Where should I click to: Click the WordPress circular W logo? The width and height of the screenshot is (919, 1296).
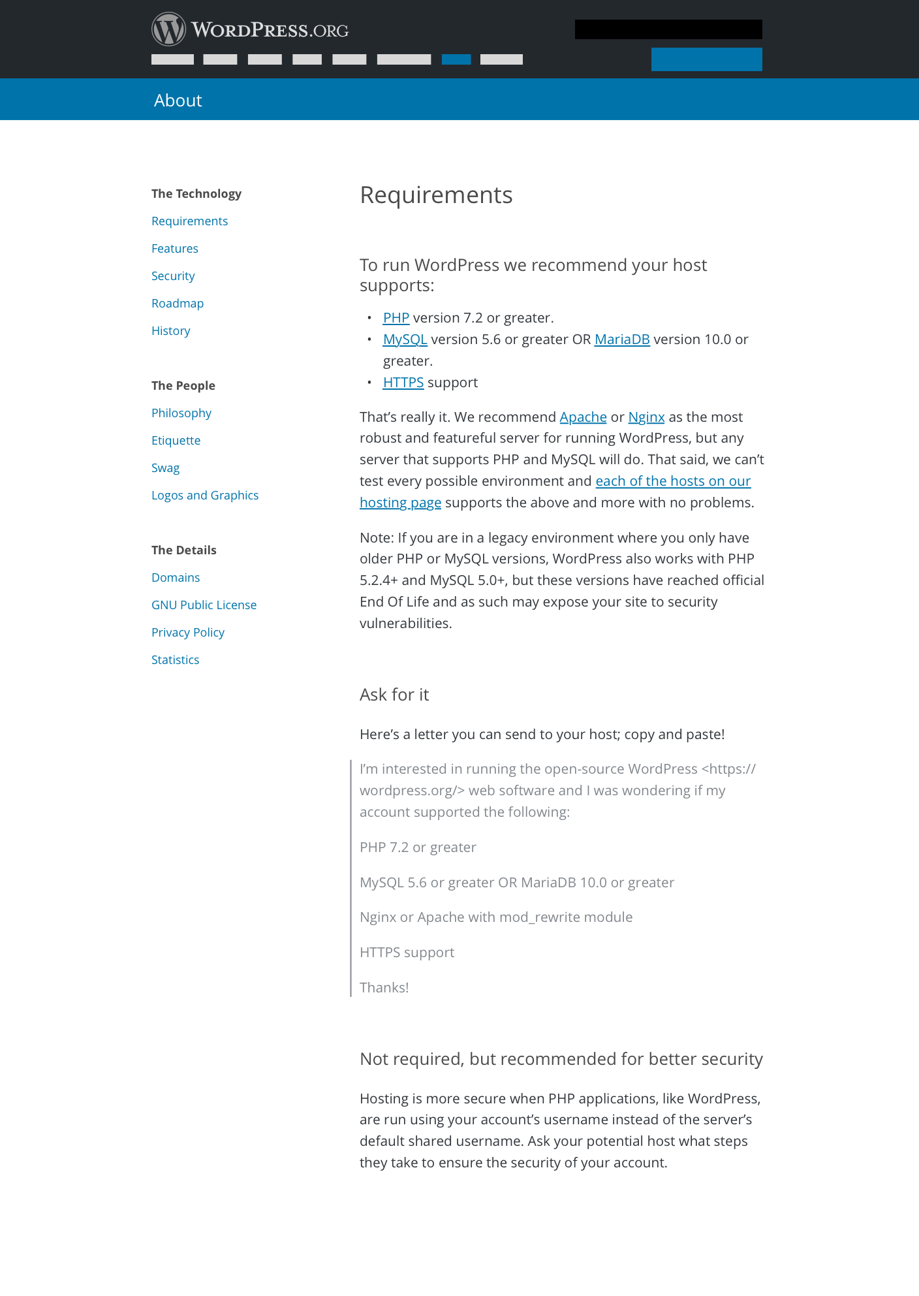pos(168,29)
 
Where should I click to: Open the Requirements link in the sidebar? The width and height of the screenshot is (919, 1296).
pos(189,221)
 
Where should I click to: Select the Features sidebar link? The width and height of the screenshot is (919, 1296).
pos(174,249)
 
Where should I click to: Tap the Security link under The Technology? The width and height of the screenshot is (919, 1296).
pos(173,276)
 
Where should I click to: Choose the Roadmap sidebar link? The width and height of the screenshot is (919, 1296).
pos(178,304)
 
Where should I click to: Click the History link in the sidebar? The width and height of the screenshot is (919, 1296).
pos(170,331)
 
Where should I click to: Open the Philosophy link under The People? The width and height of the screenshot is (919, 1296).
pos(181,413)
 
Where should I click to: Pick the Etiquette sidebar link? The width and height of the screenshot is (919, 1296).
pos(176,441)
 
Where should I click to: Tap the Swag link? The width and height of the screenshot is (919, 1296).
pos(165,468)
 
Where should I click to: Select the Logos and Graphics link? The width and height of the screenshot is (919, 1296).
pos(205,496)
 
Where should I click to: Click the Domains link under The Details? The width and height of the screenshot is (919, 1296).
pos(176,578)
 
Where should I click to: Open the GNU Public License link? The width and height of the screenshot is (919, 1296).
pos(204,605)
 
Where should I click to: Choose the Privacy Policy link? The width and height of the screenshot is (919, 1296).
pos(188,633)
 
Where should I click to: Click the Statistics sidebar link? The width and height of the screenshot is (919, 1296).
pos(175,660)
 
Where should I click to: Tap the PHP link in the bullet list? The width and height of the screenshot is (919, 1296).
pos(396,318)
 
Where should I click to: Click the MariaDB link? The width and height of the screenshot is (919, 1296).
pos(622,340)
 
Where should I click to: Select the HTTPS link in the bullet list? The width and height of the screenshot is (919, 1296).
pos(403,383)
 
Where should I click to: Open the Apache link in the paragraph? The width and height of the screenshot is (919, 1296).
pos(583,417)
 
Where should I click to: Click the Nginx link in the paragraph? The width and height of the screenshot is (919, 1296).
pos(646,417)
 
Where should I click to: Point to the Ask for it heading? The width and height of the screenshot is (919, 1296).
pos(394,695)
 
